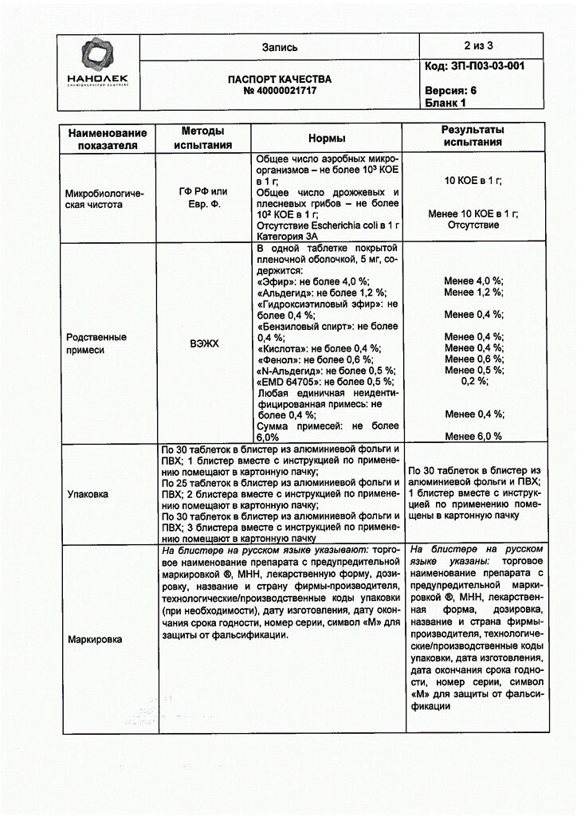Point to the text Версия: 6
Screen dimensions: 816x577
451,91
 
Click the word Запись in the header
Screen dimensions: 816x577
280,47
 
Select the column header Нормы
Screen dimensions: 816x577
326,138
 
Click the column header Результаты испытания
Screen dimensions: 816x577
473,136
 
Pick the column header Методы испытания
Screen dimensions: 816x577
203,138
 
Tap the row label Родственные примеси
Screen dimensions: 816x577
96,343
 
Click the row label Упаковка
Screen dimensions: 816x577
89,494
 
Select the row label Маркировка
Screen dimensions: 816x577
93,638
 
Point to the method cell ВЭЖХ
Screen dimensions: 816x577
203,343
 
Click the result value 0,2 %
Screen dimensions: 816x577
474,381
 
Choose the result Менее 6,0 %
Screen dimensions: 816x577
473,436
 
